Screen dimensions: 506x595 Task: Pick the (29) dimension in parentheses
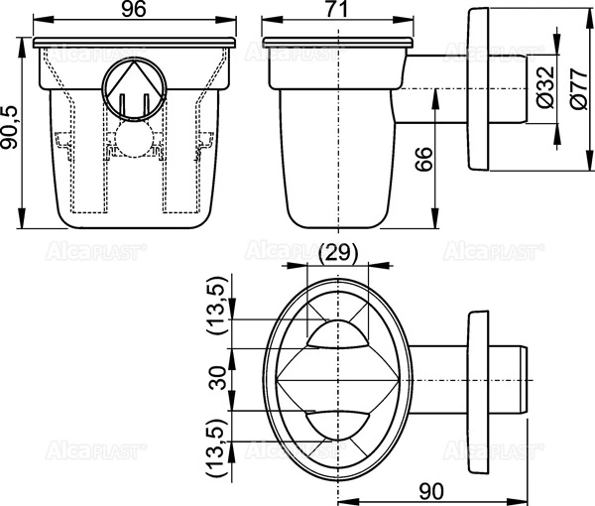338,254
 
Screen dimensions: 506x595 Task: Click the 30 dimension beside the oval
219,378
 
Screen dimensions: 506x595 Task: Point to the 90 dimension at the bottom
430,489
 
